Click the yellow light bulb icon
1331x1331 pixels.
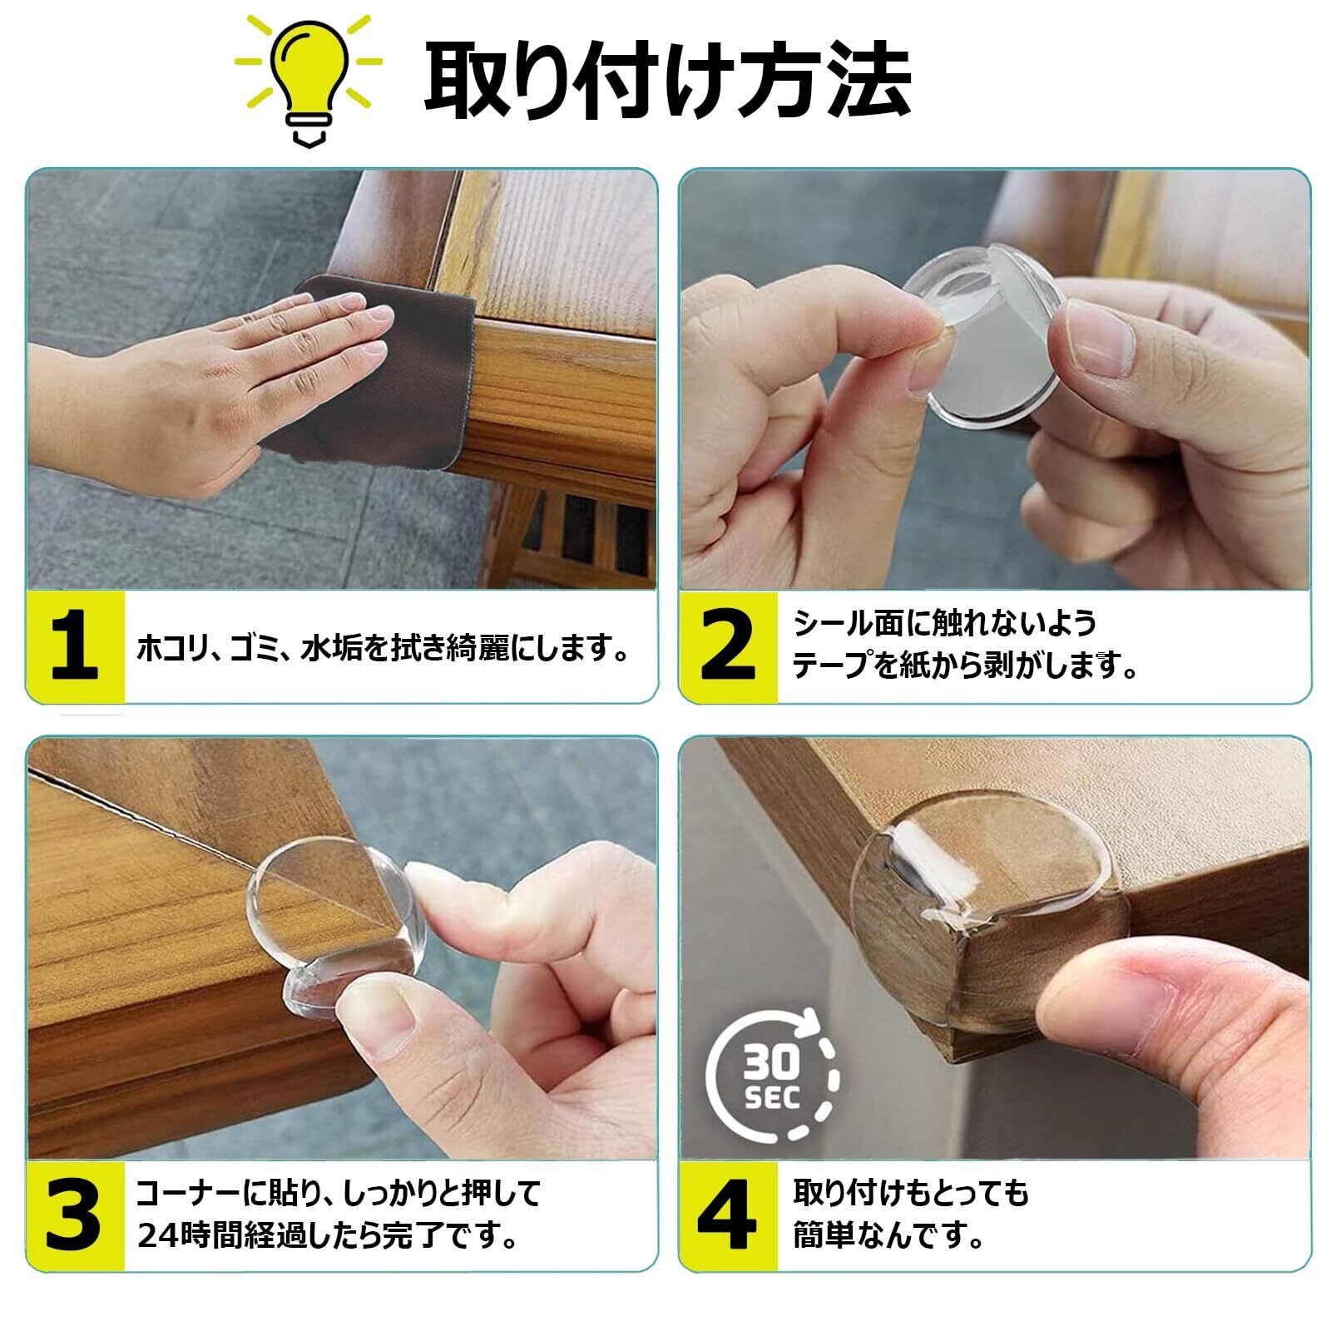(309, 79)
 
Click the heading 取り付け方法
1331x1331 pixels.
(668, 80)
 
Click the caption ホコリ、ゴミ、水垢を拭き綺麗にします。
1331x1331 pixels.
(383, 648)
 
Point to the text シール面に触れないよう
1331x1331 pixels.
(945, 623)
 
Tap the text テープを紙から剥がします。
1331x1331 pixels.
(965, 666)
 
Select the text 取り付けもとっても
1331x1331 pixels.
(911, 1194)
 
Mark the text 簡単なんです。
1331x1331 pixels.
(888, 1237)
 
